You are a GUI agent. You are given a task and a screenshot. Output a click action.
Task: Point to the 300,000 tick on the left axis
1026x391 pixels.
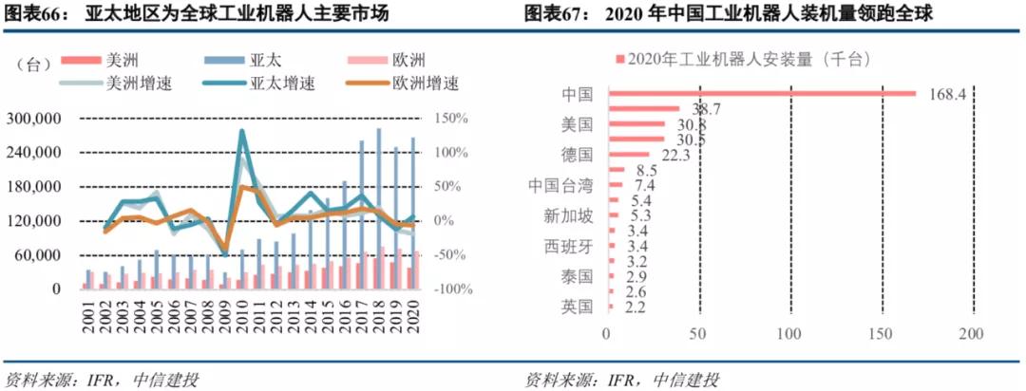pyautogui.click(x=34, y=119)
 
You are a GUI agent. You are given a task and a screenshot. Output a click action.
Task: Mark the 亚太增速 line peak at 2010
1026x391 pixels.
pyautogui.click(x=241, y=131)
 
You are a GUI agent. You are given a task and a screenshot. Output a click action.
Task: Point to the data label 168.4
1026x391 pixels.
pyautogui.click(x=946, y=94)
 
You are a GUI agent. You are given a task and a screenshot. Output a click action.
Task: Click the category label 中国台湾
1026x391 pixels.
pyautogui.click(x=560, y=185)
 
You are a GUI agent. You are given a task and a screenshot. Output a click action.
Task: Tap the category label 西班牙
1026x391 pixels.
pyautogui.click(x=568, y=246)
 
